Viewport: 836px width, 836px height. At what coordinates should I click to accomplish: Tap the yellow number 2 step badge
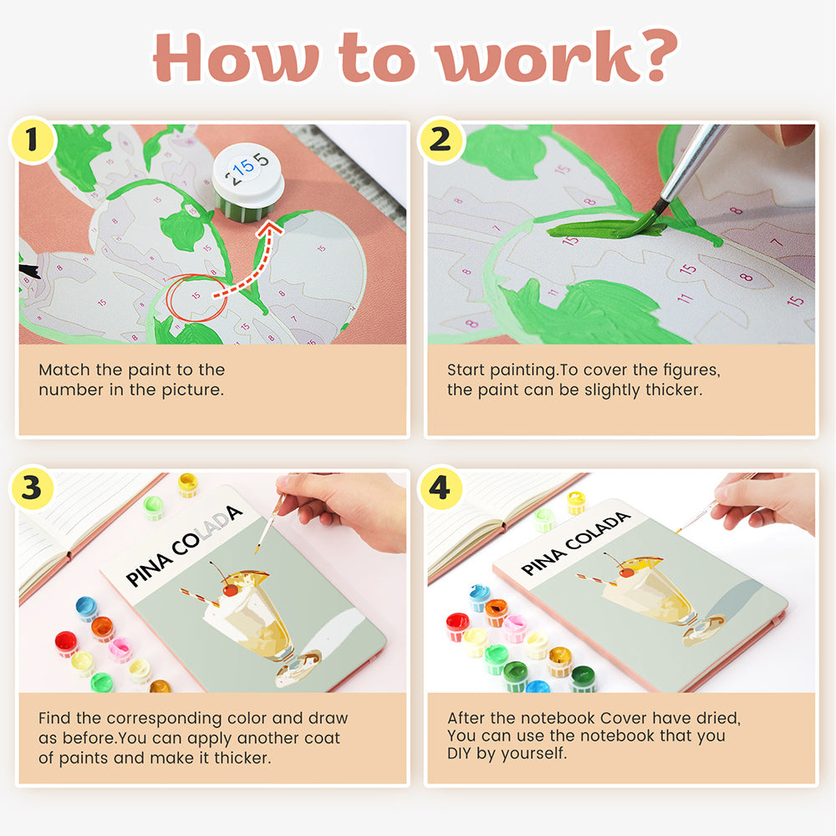coord(441,140)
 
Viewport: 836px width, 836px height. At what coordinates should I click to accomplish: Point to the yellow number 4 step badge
coord(441,488)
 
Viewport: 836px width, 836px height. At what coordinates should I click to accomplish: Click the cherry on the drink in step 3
coord(231,589)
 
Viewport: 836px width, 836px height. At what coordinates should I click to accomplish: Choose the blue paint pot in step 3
coord(86,609)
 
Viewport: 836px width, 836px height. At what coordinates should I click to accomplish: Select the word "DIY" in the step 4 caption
coord(458,753)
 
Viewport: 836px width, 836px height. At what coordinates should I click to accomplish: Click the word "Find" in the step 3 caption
coord(54,717)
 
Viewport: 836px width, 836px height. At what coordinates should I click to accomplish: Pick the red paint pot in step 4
coord(457,626)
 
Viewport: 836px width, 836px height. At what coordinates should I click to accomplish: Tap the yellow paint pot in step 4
coord(576,502)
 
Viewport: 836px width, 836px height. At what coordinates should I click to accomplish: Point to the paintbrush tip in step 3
coord(257,549)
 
